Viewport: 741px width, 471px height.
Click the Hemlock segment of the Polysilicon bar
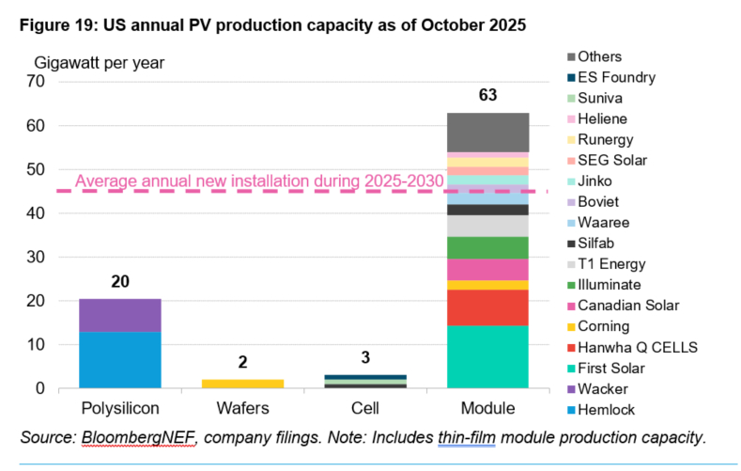coord(119,360)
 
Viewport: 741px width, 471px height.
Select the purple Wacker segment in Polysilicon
coord(119,315)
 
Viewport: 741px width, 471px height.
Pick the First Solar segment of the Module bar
coord(488,356)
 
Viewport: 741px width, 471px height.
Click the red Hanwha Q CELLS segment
coord(488,307)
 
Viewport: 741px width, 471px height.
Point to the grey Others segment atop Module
coord(488,132)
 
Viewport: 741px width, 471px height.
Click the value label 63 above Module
coord(487,96)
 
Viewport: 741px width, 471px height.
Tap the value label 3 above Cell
coord(364,358)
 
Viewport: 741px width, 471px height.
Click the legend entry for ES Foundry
coord(614,78)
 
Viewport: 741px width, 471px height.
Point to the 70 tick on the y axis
coord(38,82)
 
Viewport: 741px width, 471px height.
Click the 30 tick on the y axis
coord(38,258)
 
